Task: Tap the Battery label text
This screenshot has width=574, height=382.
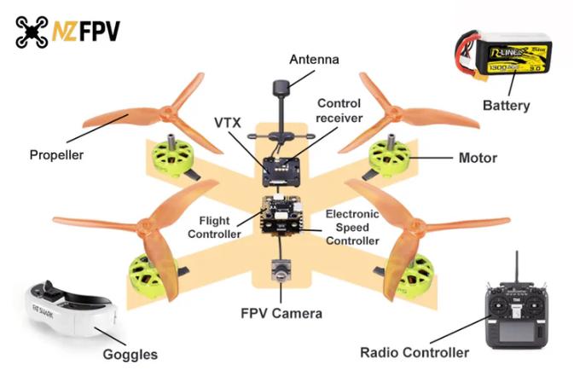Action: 506,106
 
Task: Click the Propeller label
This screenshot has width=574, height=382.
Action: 57,155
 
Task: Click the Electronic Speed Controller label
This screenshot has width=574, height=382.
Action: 352,227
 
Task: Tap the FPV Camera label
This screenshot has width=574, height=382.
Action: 281,313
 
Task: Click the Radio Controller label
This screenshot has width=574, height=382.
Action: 415,352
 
